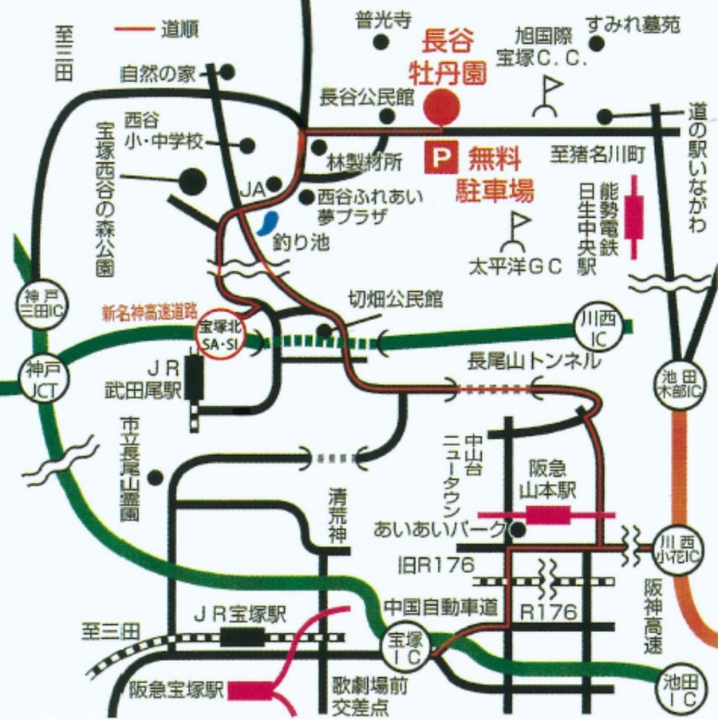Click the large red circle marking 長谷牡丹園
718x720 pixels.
tap(441, 107)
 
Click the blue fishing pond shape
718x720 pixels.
tap(267, 223)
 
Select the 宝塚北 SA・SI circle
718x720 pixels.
tap(219, 334)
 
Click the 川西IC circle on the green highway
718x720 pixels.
tap(597, 327)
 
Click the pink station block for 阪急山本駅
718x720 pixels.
tap(547, 516)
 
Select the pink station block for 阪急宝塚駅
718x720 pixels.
tap(250, 690)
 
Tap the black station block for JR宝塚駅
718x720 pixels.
tap(242, 636)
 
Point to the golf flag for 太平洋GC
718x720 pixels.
tap(517, 231)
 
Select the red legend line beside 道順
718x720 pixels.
tap(135, 30)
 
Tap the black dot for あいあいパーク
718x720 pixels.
tap(519, 528)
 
